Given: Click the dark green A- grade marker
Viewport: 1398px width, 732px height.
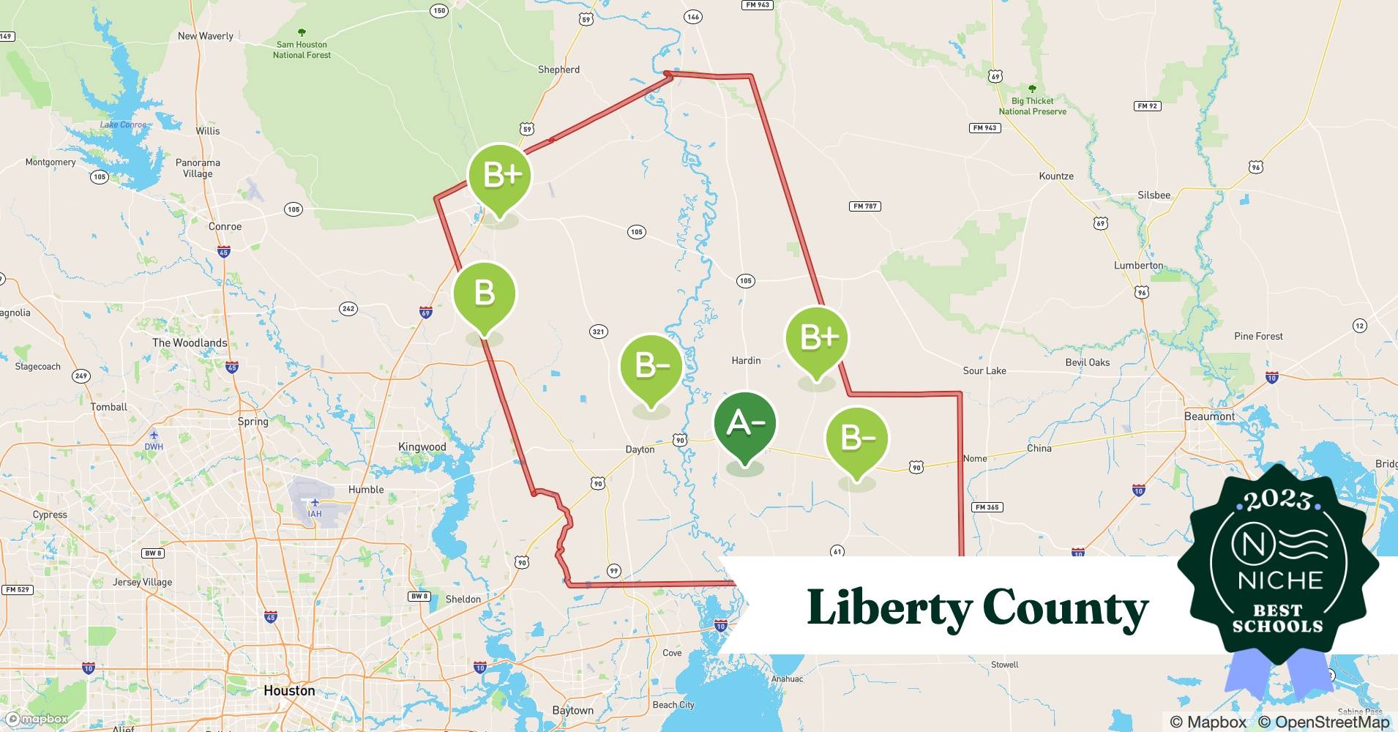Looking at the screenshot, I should click(x=744, y=424).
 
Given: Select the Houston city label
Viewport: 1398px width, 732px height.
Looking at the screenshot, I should click(x=289, y=690).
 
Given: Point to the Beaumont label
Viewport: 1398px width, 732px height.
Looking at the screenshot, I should click(x=1209, y=416).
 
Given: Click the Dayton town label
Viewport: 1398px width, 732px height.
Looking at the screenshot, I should click(x=640, y=449).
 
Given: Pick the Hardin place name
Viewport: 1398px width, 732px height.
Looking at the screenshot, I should click(x=746, y=360).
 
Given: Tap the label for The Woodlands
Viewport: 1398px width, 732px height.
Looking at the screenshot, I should click(x=190, y=343).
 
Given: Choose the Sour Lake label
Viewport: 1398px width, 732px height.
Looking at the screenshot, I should click(x=984, y=370).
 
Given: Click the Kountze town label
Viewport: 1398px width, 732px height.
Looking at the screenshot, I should click(x=1056, y=176).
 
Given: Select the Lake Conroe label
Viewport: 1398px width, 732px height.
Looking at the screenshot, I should click(x=123, y=125).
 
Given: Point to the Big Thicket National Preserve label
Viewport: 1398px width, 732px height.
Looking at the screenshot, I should click(x=1032, y=106).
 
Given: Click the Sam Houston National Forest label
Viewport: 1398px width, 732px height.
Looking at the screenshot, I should click(x=302, y=49).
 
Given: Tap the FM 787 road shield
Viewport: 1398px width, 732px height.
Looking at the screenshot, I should click(x=865, y=206).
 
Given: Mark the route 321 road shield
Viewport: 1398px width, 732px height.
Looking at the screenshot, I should click(x=598, y=332).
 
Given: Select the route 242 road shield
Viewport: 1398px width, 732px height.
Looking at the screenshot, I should click(x=348, y=308).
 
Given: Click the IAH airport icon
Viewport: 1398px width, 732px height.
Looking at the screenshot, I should click(x=315, y=502).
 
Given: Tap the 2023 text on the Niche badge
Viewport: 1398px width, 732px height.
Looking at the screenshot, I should click(x=1278, y=500).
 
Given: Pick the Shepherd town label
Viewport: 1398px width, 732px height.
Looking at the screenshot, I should click(x=558, y=70).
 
